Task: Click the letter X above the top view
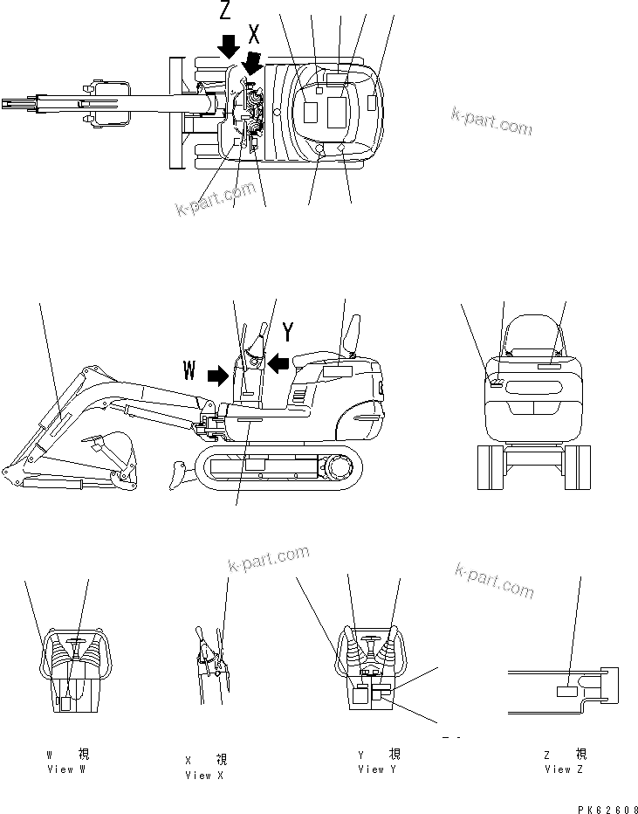255,35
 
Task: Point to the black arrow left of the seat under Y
277,362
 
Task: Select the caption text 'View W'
67,769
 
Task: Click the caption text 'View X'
204,775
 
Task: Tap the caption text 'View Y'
377,769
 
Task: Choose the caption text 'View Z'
564,769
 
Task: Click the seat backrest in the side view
354,334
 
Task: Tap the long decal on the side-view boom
54,427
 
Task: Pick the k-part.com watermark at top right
491,121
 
